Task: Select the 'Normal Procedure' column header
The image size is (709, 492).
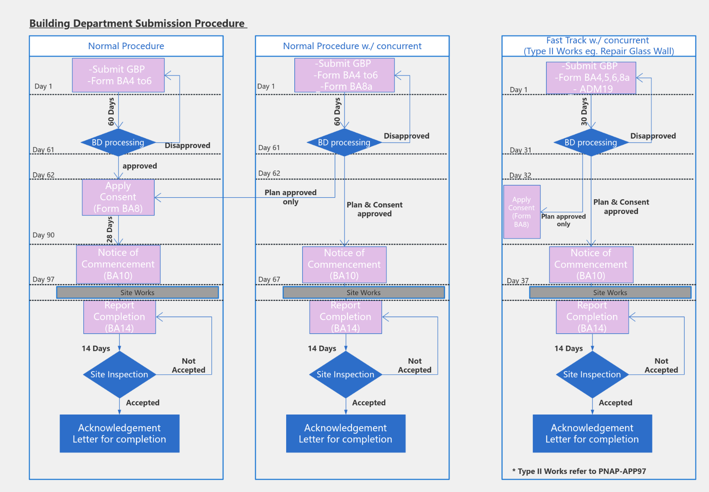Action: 126,46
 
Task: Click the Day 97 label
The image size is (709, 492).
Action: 44,279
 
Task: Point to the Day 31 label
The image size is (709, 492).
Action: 520,150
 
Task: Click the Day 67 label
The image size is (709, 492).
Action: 269,279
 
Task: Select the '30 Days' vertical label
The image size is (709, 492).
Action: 584,111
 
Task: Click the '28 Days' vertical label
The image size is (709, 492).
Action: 110,230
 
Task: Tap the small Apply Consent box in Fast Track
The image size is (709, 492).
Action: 522,212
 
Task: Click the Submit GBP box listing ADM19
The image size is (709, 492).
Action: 591,77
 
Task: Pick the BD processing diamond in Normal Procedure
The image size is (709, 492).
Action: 118,143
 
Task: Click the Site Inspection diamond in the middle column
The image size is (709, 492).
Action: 345,374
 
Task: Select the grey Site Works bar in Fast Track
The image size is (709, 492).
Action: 610,292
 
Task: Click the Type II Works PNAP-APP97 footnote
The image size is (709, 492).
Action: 579,471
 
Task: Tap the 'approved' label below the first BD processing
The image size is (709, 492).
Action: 140,166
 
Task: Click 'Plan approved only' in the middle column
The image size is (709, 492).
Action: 290,197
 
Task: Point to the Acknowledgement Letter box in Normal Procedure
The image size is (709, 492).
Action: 119,433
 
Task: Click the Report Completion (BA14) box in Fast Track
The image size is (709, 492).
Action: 592,317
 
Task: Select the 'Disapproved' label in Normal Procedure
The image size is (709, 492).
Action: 187,145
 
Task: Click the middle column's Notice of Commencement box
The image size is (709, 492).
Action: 344,264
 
